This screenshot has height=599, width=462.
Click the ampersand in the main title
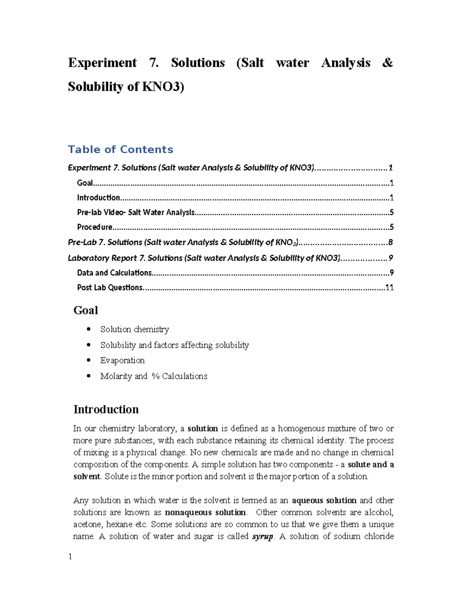pos(387,63)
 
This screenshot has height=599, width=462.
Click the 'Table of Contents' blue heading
pos(121,150)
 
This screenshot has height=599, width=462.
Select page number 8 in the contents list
pos(390,243)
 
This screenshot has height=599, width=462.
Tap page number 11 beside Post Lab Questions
pos(389,288)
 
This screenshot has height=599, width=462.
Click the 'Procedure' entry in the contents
pos(95,227)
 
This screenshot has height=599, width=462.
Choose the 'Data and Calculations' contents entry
pos(114,273)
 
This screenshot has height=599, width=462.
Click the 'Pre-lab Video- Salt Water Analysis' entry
pos(136,213)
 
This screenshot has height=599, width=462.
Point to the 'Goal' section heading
pos(85,310)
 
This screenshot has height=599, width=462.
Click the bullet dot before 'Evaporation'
pos(89,360)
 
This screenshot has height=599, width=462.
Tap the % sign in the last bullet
pos(156,376)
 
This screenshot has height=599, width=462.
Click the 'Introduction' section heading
pos(106,410)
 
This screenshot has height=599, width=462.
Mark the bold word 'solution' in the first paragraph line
pos(203,429)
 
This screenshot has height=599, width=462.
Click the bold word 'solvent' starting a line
pos(87,476)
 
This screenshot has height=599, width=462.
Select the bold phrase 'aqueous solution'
pos(324,501)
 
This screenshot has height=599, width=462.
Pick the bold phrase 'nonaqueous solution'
pos(205,513)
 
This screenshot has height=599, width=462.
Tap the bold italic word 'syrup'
pos(263,537)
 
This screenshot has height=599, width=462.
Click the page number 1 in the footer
pos(70,557)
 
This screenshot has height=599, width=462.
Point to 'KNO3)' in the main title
pos(163,87)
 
